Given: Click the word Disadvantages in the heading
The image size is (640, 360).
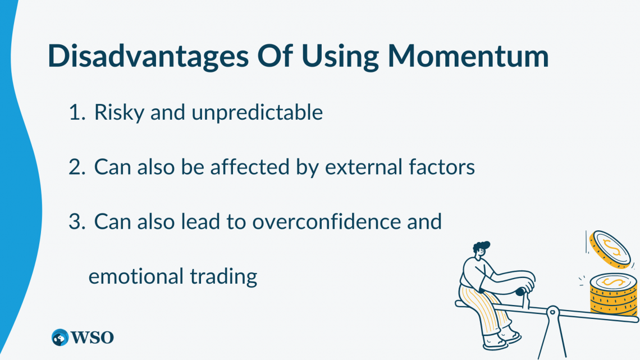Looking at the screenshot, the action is click(148, 56).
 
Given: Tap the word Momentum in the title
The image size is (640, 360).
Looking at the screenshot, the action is click(468, 56).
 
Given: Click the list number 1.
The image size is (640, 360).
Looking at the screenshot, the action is click(77, 112).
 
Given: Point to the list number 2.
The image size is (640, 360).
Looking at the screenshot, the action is click(77, 167).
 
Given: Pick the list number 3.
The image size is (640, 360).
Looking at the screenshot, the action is click(77, 222).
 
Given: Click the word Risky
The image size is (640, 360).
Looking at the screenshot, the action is click(119, 113).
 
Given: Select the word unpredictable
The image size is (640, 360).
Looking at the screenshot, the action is click(257, 113).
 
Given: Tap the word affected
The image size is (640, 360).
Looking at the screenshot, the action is click(249, 167).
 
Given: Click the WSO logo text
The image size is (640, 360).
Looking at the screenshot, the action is click(92, 338).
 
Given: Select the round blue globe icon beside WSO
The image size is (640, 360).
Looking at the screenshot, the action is click(60, 338).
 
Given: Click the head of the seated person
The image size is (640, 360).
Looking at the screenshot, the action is click(481, 249).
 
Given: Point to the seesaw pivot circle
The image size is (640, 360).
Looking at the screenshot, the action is click(552, 312).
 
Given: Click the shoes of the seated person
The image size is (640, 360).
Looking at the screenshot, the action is click(502, 341).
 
